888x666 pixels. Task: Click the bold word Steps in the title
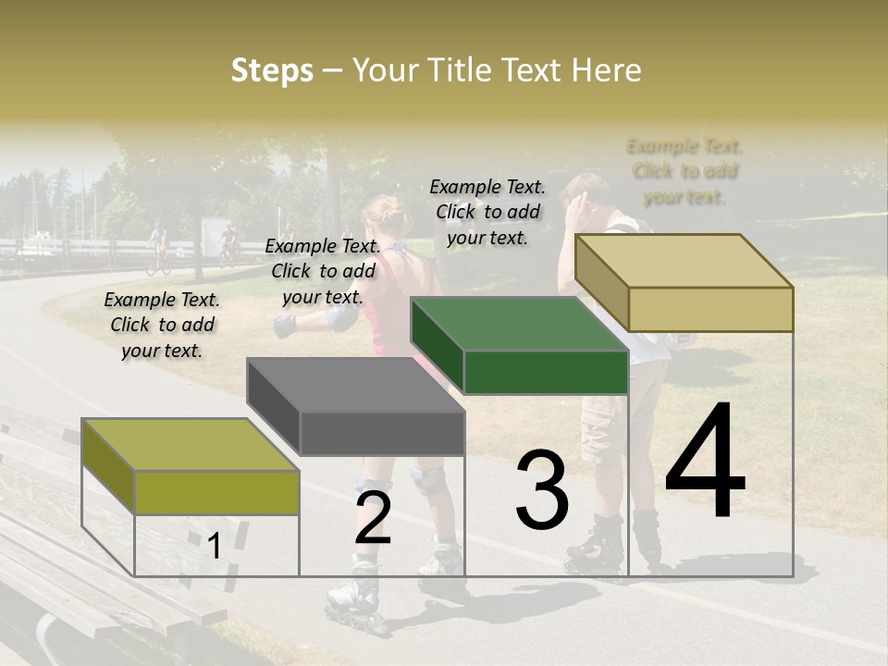[x=272, y=70]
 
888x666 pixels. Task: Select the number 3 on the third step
[x=541, y=490]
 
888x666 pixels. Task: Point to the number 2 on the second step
[x=373, y=518]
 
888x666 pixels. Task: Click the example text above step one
[x=162, y=325]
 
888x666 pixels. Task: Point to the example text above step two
[x=323, y=271]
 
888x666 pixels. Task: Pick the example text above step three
[x=487, y=212]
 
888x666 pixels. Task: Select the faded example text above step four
[x=685, y=171]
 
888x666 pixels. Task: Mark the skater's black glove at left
[x=284, y=326]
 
